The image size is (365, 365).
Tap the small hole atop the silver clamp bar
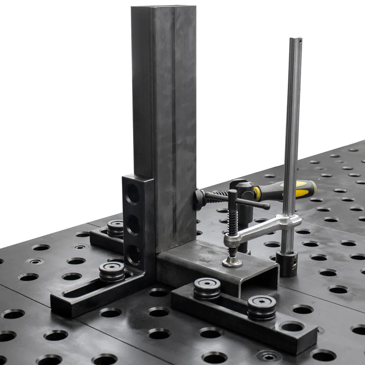coord(301,40)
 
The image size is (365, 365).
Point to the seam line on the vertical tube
coord(174,122)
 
